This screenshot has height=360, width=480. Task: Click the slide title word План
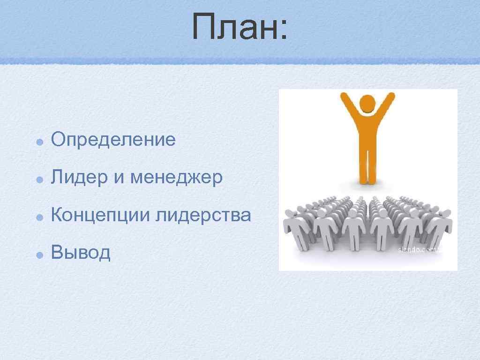pos(232,27)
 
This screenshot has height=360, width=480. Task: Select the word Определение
pos(113,139)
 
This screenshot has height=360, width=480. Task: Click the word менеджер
pos(177,178)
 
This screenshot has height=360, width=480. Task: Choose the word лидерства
pos(203,216)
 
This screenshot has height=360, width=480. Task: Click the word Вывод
pos(81,253)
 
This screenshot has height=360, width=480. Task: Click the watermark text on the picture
pos(420,250)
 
